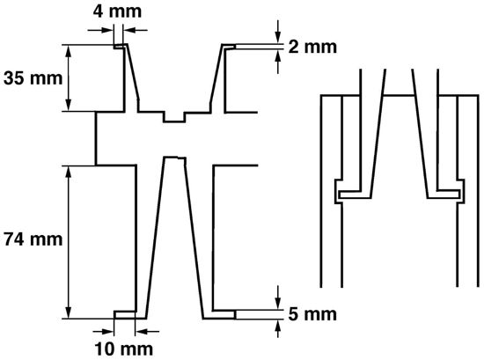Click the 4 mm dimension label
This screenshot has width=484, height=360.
coord(117,11)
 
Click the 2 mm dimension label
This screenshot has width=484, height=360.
coord(312,47)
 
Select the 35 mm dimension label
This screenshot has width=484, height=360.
coord(33,77)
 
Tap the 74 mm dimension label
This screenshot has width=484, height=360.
coord(33,239)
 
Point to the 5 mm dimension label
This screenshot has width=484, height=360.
coord(312,314)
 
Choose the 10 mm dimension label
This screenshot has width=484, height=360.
coord(123,349)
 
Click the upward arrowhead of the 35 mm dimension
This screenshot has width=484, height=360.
coord(69,53)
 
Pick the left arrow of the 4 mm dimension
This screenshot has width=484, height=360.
coord(100,30)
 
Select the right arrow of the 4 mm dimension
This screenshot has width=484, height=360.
coord(136,30)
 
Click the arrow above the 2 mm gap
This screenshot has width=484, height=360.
coord(278,31)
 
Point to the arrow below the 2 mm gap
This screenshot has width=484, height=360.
coord(278,62)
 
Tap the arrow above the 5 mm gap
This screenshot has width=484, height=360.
coord(278,297)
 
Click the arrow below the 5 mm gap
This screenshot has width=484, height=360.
coord(278,328)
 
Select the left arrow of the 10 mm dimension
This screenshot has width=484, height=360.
coord(103,332)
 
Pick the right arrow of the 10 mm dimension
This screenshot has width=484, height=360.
coord(147,332)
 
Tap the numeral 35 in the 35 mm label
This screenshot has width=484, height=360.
coord(13,77)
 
